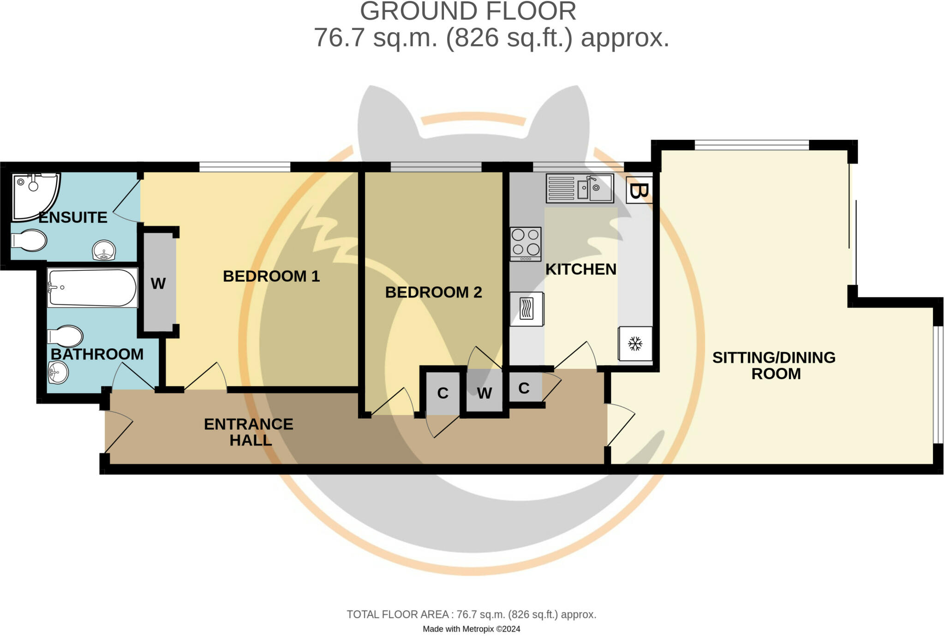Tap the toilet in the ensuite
click(x=29, y=240)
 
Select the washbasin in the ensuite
click(x=104, y=250)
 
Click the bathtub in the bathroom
click(x=92, y=288)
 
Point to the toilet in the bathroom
click(x=65, y=336)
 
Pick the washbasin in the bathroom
click(x=58, y=372)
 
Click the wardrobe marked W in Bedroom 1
click(x=158, y=283)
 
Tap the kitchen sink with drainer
click(x=580, y=188)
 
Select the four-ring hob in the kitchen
click(x=526, y=243)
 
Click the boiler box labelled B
click(x=639, y=190)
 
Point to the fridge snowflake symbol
click(x=635, y=344)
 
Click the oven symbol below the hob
click(x=526, y=309)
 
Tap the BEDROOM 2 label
click(x=433, y=292)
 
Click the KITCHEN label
click(x=580, y=269)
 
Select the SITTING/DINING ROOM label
click(x=774, y=365)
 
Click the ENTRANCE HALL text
click(x=249, y=432)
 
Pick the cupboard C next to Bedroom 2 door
click(x=443, y=393)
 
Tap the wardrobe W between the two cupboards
click(x=484, y=393)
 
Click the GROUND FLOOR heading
click(x=468, y=11)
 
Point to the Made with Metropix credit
click(x=471, y=629)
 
